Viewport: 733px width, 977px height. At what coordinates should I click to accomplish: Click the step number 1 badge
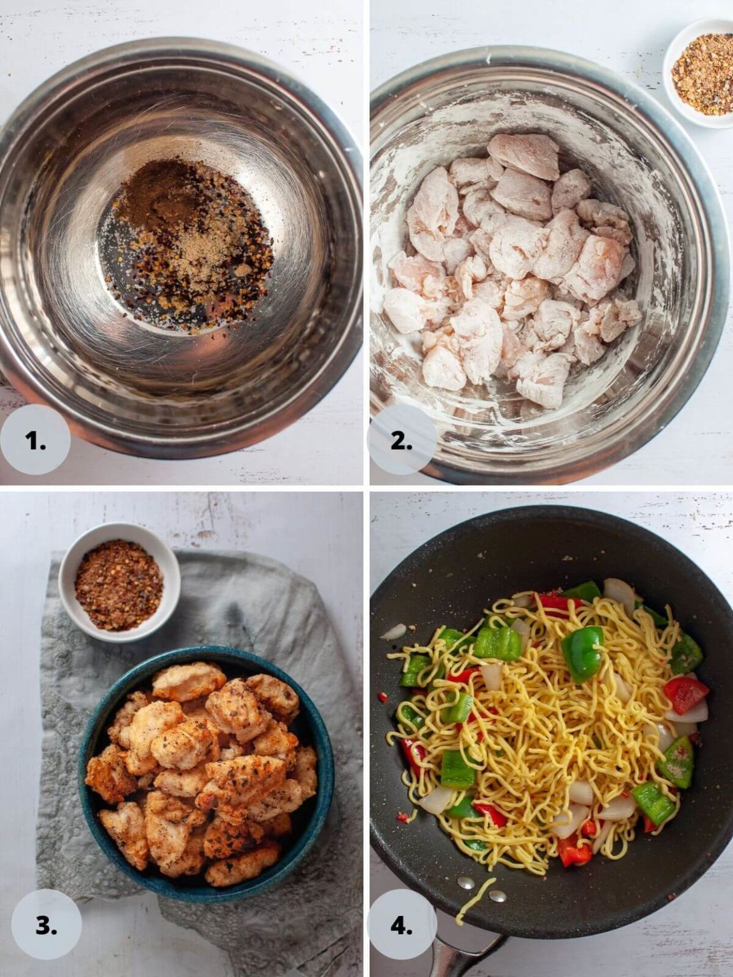[x=36, y=440]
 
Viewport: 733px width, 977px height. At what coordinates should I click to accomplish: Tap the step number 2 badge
[x=402, y=440]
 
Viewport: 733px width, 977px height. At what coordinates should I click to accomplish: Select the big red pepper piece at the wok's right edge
[x=685, y=694]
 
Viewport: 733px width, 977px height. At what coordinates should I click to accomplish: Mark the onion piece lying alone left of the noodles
[x=393, y=632]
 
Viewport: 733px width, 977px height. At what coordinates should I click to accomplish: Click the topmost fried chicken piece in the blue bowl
[x=189, y=681]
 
